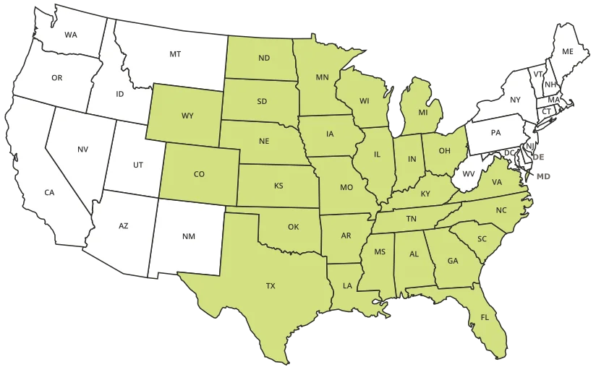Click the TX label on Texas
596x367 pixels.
271,286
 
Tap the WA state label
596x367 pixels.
71,35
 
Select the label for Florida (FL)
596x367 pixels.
485,316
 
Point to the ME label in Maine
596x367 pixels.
567,52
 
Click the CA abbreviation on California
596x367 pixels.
49,192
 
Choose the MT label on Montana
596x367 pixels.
175,54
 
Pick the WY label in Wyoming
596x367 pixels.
187,116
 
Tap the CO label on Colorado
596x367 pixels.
200,174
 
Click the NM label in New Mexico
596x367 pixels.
188,236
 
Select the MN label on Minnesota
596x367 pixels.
323,76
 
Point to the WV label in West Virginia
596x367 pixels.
469,174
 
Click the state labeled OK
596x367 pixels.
293,227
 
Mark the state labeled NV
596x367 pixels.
82,150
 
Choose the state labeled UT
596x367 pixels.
138,165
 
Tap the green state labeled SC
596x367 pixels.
482,238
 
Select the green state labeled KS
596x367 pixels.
278,186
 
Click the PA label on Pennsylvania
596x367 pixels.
495,133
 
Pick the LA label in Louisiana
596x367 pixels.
347,286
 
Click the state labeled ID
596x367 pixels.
120,94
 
